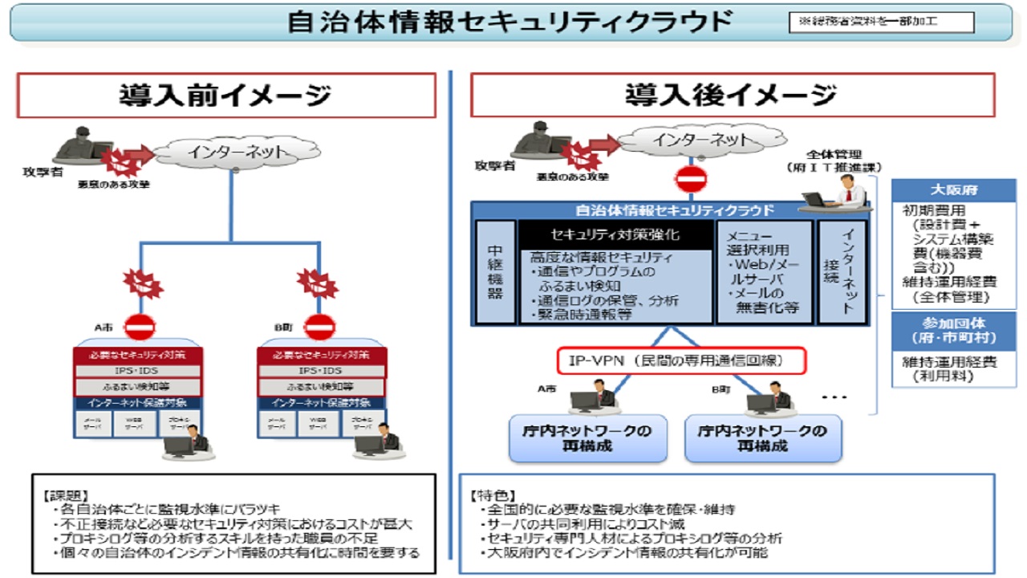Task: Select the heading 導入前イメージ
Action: coord(225,96)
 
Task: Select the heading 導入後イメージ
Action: coord(731,96)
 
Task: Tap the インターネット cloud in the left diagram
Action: coord(232,151)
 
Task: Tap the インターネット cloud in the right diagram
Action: coord(691,140)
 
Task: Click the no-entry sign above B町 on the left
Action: coord(320,327)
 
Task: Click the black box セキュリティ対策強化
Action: coord(615,235)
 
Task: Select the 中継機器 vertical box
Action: coord(495,272)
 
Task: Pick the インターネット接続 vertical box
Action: coord(842,272)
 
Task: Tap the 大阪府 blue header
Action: coord(953,191)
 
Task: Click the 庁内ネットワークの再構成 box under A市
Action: coord(588,438)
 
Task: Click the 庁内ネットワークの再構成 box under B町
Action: coord(763,438)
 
